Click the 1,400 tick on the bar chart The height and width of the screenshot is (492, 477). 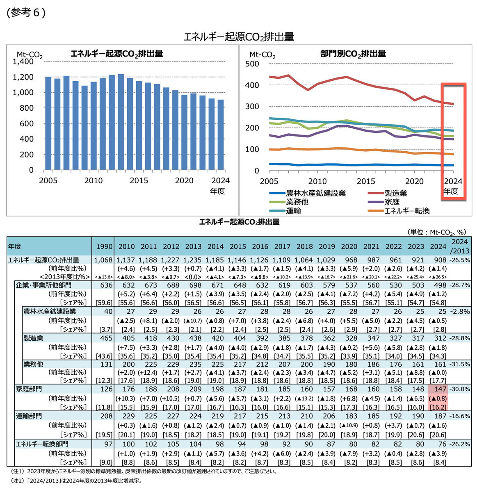(23, 61)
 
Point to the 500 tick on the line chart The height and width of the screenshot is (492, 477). (252, 64)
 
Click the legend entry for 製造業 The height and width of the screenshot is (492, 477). (395, 193)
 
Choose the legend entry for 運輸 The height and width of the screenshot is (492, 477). (293, 211)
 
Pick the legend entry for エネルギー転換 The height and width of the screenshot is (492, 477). (407, 211)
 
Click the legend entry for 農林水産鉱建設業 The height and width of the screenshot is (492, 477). (315, 193)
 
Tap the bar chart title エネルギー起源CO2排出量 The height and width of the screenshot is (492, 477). (117, 54)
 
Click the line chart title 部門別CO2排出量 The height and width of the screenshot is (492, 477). (353, 54)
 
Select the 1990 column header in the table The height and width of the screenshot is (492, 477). (104, 246)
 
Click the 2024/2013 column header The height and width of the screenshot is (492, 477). (460, 246)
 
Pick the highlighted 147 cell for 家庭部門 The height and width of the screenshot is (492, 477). (438, 389)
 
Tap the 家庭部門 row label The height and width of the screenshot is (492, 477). (29, 389)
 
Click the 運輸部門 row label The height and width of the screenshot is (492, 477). (29, 416)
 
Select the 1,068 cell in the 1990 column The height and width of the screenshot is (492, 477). (103, 260)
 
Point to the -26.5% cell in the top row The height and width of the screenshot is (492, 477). (460, 260)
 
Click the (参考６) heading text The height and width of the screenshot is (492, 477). (26, 13)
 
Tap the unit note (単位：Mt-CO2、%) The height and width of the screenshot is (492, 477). (437, 232)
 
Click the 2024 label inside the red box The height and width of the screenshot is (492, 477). (453, 181)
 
